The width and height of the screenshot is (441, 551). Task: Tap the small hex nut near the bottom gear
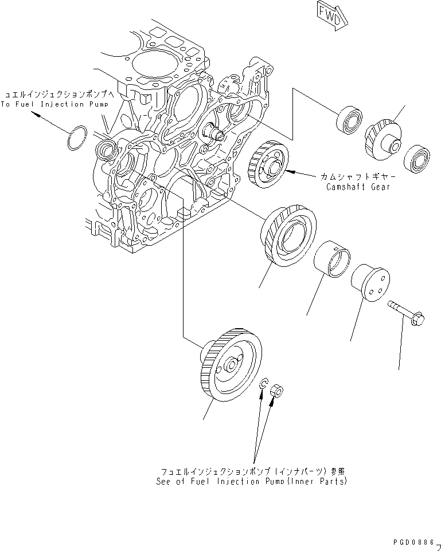(275, 391)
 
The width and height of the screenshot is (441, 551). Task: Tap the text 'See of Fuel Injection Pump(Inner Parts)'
(251, 482)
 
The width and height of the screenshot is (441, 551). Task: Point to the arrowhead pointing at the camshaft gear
(290, 170)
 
